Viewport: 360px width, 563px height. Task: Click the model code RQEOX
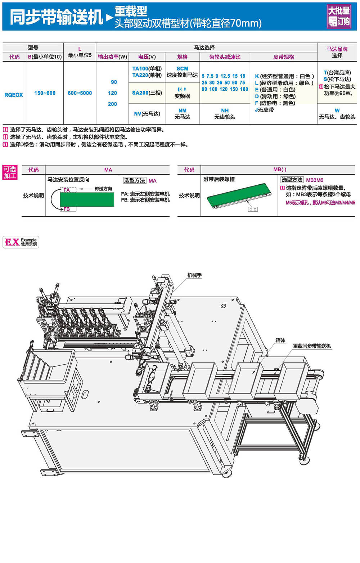(14, 95)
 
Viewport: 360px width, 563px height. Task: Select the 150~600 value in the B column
(45, 93)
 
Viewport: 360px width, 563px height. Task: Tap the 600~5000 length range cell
(80, 93)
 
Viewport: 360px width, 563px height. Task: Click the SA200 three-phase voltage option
(147, 93)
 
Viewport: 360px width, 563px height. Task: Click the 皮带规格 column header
(283, 57)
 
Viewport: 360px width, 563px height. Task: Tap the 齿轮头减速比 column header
(225, 57)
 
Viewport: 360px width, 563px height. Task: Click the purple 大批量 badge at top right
(339, 16)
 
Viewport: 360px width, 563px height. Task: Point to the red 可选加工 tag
(10, 172)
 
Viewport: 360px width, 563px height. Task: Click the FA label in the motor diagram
(67, 190)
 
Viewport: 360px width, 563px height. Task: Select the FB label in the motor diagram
(67, 209)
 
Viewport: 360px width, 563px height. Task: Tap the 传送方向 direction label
(103, 189)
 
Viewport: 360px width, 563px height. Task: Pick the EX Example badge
(21, 242)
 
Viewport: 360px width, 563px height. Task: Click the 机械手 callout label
(194, 275)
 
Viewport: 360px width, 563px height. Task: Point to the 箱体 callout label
(280, 340)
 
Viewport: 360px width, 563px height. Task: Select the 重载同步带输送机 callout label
(312, 346)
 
